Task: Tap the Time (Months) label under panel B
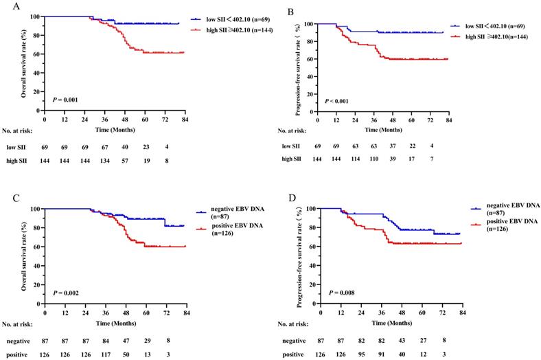click(383, 129)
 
